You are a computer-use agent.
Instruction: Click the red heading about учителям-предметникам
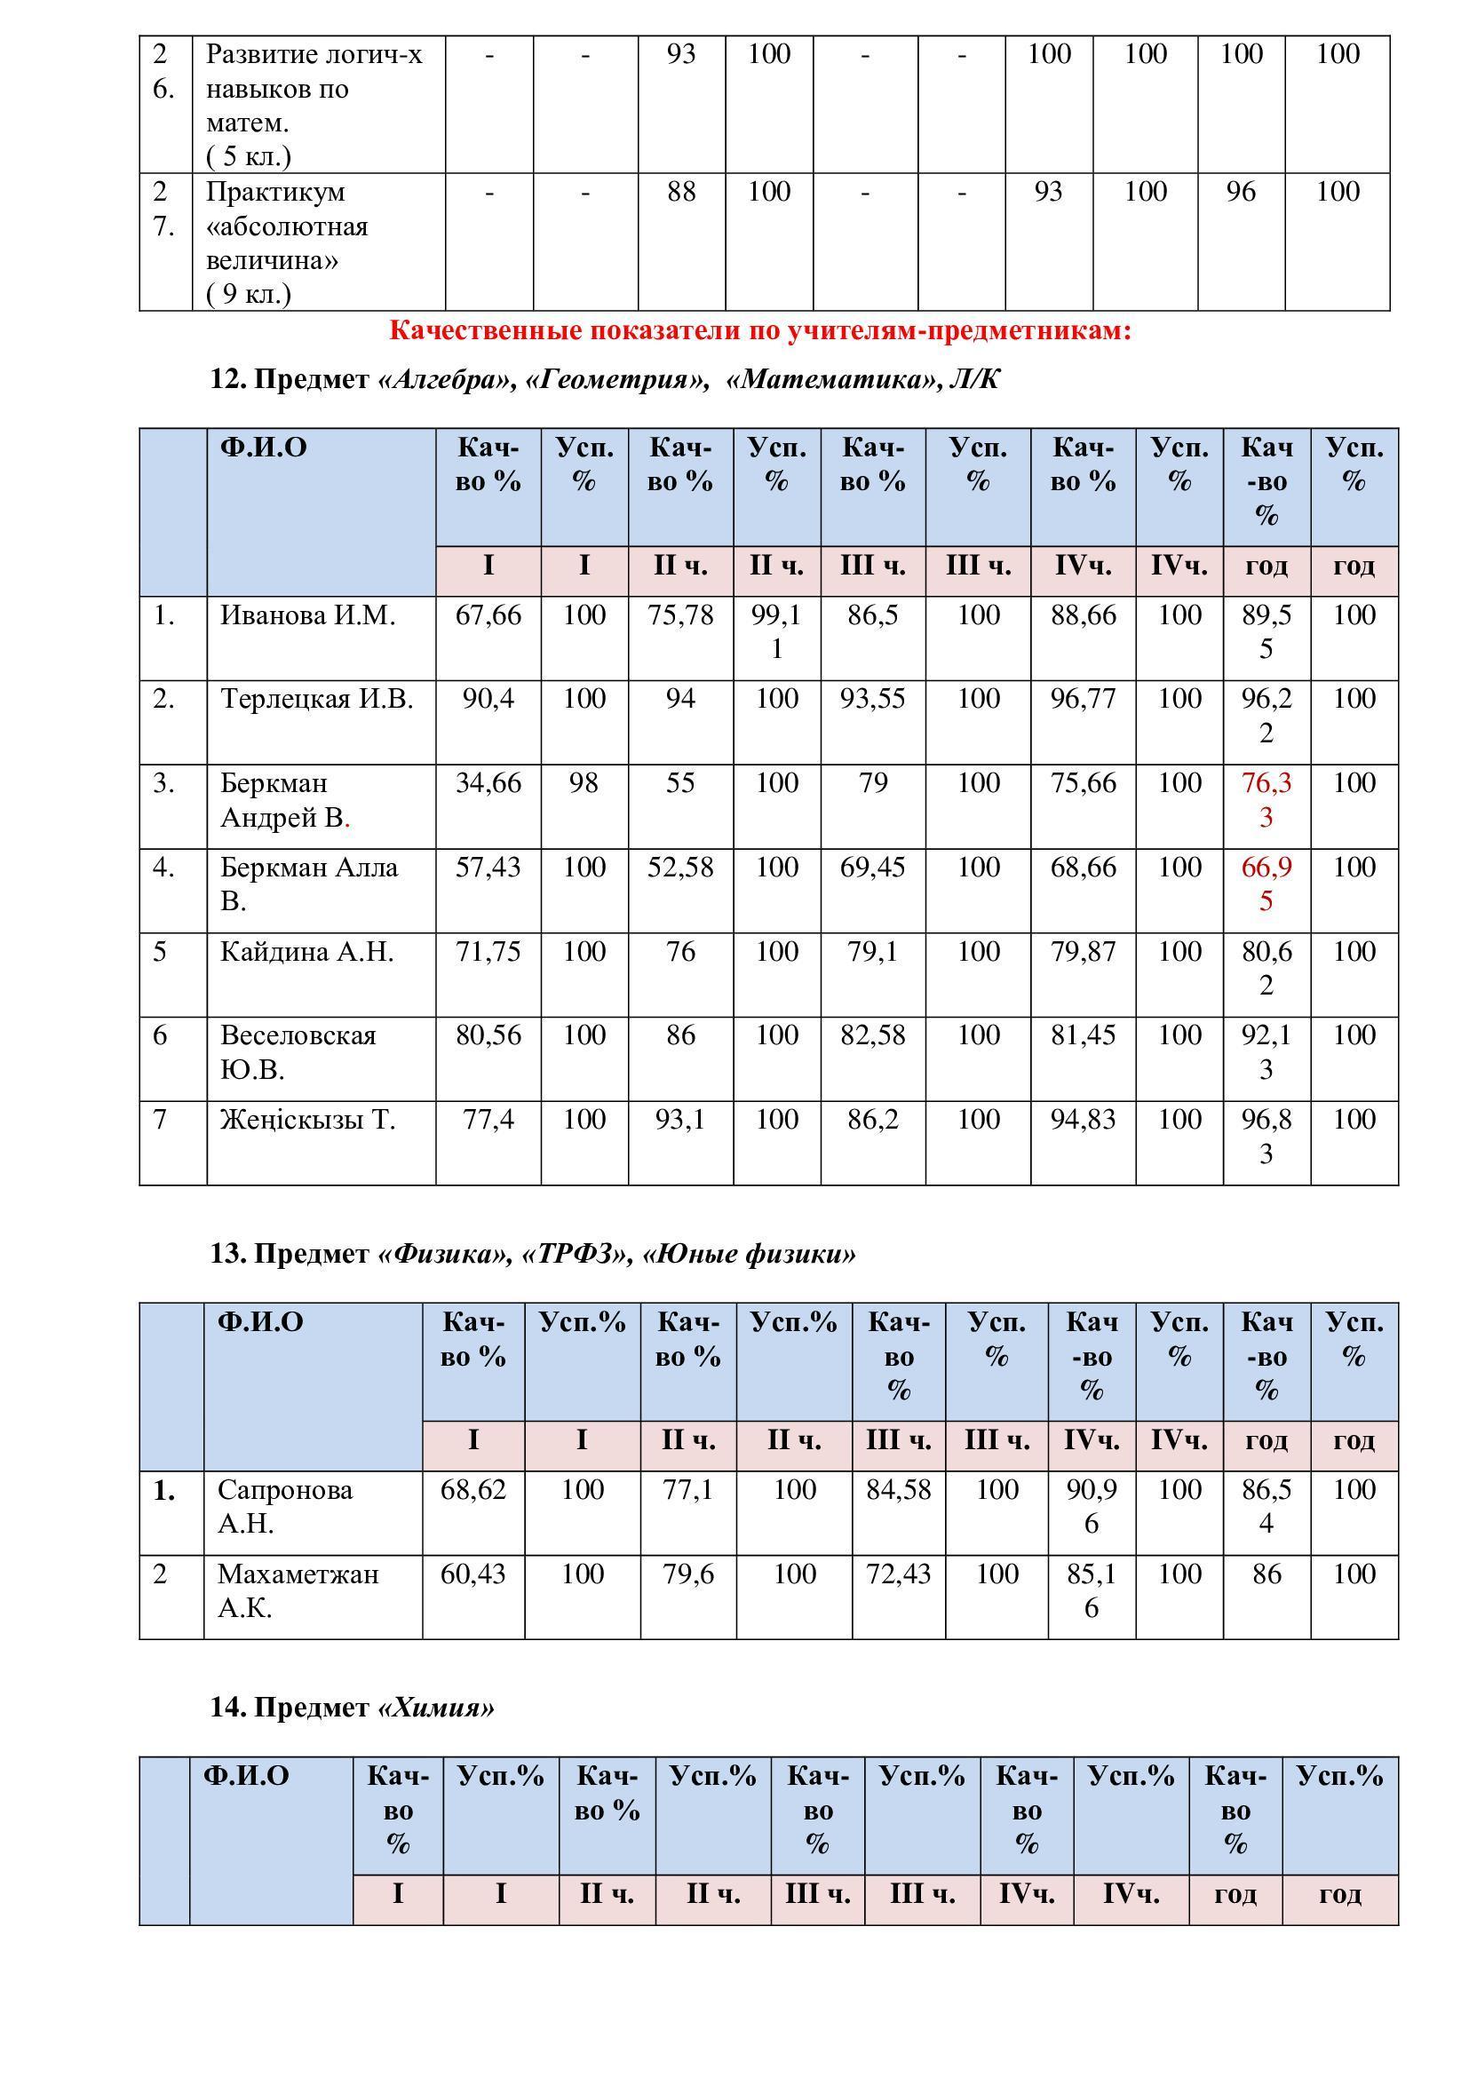click(x=760, y=331)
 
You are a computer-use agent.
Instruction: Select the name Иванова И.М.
click(x=307, y=616)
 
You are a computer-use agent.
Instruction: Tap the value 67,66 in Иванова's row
click(x=488, y=616)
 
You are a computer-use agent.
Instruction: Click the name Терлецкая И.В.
click(x=316, y=699)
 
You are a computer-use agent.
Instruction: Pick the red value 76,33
click(x=1267, y=800)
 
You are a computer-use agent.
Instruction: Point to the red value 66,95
click(x=1267, y=884)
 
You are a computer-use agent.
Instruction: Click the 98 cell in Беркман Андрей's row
click(x=584, y=783)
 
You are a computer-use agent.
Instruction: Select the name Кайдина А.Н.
click(x=306, y=952)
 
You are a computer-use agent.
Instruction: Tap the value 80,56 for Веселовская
click(x=488, y=1035)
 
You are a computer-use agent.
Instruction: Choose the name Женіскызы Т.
click(x=307, y=1120)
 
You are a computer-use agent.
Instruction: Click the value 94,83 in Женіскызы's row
click(x=1083, y=1120)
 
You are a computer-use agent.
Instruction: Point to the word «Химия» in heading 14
click(x=437, y=1708)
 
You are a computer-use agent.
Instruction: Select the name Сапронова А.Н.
click(x=285, y=1507)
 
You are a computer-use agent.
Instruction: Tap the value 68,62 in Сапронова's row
click(x=473, y=1491)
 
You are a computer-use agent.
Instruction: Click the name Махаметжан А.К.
click(x=298, y=1591)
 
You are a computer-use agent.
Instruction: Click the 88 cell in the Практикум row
click(x=681, y=192)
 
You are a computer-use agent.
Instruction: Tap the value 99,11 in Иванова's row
click(x=776, y=632)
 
